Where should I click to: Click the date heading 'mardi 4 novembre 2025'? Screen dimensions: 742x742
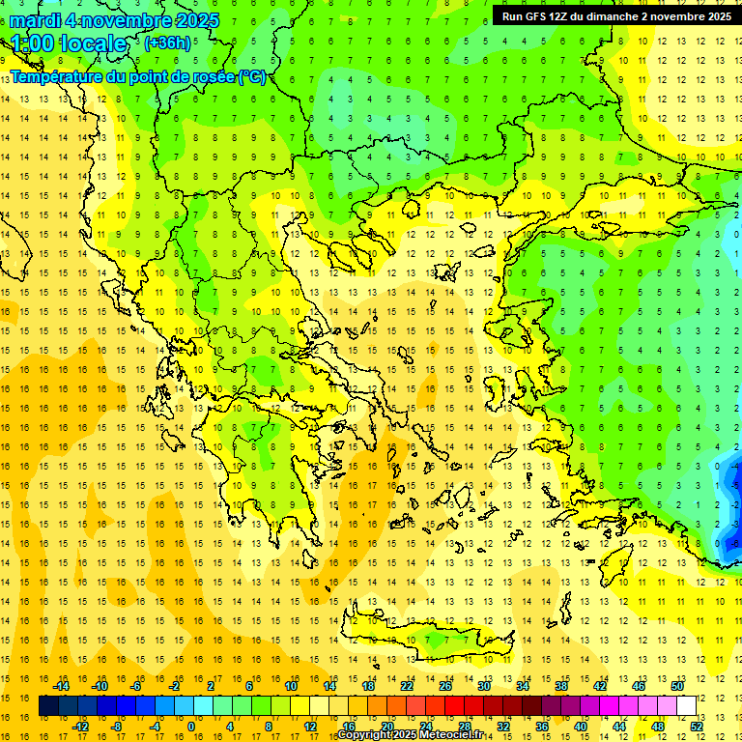click(x=106, y=20)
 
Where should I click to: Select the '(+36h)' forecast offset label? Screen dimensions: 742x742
click(x=167, y=43)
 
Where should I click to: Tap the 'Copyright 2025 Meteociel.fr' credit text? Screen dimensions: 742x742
click(x=410, y=735)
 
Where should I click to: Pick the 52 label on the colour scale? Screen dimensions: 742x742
click(x=698, y=726)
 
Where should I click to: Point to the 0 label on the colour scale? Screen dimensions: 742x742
click(x=191, y=726)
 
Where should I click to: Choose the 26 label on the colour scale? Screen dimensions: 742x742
click(x=445, y=686)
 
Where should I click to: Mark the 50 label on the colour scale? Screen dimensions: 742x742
click(x=676, y=686)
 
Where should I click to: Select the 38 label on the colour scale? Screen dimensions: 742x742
click(x=560, y=686)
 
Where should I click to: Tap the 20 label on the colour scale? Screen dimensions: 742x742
click(x=386, y=726)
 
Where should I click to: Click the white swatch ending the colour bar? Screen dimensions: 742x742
click(x=687, y=705)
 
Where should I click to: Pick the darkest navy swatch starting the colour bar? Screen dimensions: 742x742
click(x=48, y=705)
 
